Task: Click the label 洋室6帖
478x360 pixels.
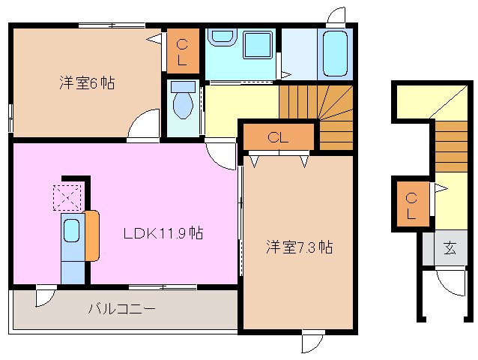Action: point(88,82)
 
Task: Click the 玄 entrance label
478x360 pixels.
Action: point(449,247)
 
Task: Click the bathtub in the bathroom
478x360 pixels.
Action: point(335,55)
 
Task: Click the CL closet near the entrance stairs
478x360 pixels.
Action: point(411,205)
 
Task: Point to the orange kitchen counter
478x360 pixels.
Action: point(91,235)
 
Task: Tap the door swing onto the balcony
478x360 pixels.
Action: point(45,297)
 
